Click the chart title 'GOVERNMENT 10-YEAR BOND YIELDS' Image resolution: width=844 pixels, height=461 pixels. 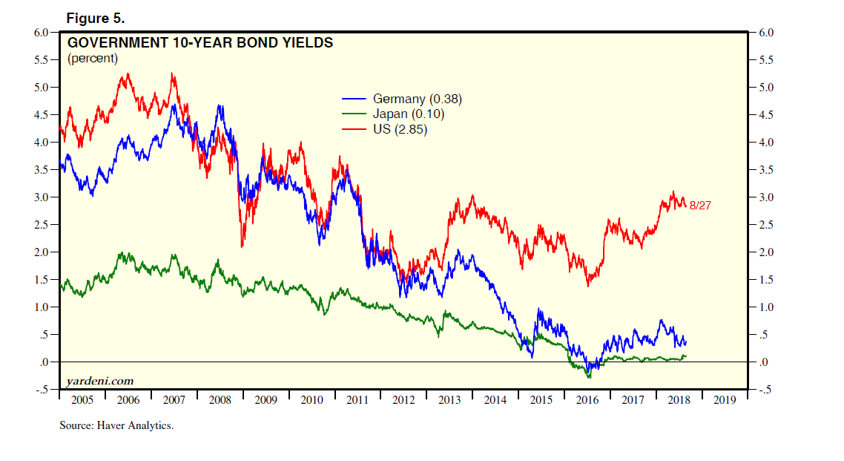(x=200, y=43)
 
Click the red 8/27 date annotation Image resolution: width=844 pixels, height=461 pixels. (x=701, y=205)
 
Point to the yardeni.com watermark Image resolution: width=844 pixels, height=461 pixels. (x=99, y=381)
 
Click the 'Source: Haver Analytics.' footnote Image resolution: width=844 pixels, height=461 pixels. (x=116, y=426)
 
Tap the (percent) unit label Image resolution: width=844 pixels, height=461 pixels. (x=93, y=58)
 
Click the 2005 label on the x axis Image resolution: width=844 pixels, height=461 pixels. (x=82, y=401)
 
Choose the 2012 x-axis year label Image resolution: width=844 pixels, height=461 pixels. (x=403, y=401)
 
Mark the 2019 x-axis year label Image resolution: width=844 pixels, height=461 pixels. (x=725, y=401)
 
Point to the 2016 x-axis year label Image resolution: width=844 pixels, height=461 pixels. (x=587, y=401)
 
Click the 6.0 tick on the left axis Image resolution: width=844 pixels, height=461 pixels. (x=42, y=33)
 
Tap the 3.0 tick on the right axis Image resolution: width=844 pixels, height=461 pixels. (x=766, y=197)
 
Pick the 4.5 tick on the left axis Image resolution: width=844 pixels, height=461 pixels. (x=42, y=115)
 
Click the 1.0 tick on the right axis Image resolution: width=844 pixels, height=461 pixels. (x=766, y=307)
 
